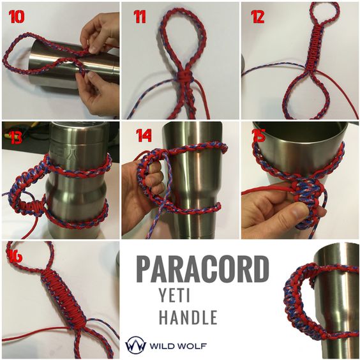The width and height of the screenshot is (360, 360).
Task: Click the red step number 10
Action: [x=17, y=17]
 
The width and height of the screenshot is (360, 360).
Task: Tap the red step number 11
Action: [x=140, y=17]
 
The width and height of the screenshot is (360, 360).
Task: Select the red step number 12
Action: [x=257, y=17]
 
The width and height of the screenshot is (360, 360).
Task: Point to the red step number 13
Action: [x=15, y=137]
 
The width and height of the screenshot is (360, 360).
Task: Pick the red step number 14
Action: [x=144, y=135]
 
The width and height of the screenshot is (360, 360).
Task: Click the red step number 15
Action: [x=259, y=135]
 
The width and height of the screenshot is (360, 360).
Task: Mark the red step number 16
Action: [x=15, y=256]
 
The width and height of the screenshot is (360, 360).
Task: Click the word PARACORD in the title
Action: [x=202, y=269]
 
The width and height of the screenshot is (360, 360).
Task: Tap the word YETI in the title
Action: [x=175, y=296]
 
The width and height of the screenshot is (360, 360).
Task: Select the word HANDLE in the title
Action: [x=188, y=317]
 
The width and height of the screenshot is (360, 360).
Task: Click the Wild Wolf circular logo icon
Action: [x=135, y=345]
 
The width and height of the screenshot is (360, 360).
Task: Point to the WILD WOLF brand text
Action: [x=178, y=346]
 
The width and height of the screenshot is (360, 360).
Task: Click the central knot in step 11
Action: [x=183, y=77]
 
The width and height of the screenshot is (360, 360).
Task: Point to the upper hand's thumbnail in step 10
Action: [x=94, y=49]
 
